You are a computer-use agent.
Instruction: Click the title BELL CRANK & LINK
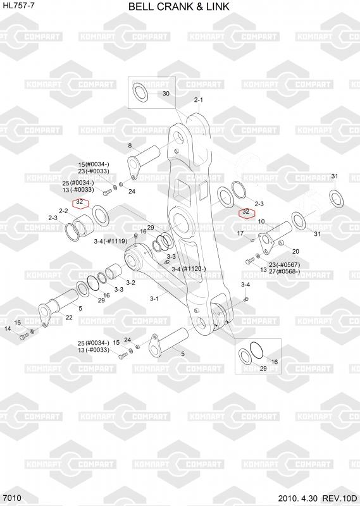click(179, 6)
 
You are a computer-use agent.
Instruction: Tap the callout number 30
click(166, 94)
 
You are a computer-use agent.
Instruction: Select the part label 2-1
click(199, 100)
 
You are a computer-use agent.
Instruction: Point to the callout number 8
click(130, 145)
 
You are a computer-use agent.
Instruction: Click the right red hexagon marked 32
click(246, 213)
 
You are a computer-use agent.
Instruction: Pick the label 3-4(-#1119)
click(111, 241)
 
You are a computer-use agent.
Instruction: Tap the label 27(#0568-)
click(284, 271)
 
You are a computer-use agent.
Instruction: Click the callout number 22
click(69, 318)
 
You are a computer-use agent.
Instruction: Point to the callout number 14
click(8, 328)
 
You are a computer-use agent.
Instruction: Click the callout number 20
click(295, 251)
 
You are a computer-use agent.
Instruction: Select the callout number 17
click(240, 233)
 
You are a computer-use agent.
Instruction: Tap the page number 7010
click(11, 498)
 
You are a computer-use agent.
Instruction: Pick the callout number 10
click(261, 221)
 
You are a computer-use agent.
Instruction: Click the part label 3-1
click(154, 299)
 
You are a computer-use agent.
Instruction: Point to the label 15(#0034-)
click(94, 164)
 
